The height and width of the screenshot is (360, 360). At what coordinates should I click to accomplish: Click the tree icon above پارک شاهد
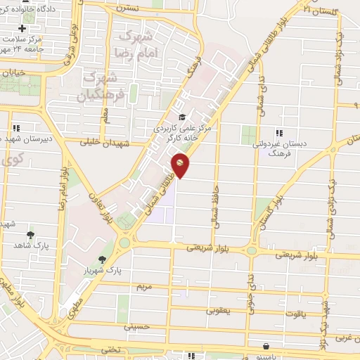coord(30,235)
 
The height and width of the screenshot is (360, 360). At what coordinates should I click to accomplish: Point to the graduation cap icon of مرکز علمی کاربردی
coord(182,117)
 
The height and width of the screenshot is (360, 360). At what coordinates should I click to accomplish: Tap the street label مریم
coord(143,287)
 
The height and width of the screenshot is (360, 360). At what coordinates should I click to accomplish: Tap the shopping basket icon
coord(266,346)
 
